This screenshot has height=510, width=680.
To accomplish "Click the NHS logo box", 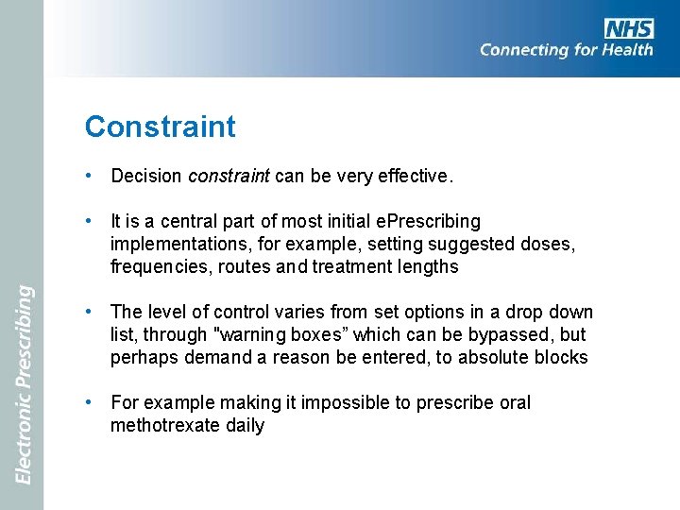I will [x=629, y=27].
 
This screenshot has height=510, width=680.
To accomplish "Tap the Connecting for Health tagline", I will [x=566, y=51].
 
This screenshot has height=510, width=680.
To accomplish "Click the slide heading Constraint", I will [x=160, y=127].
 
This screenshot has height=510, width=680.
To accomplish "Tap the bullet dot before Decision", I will [x=88, y=176].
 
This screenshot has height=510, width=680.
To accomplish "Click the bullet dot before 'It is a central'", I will [x=88, y=221].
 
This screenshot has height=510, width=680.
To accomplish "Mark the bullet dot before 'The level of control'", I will [x=88, y=312].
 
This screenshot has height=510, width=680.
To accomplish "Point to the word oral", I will [x=515, y=402].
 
